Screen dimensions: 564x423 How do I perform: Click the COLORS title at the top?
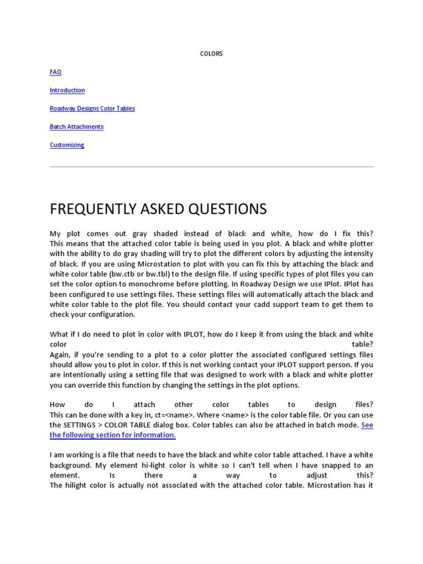(x=211, y=54)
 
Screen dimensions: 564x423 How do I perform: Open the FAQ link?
(x=56, y=72)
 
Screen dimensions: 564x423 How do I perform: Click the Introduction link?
(x=67, y=90)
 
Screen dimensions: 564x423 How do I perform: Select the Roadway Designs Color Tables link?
(x=92, y=109)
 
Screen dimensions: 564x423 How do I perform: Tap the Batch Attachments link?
(x=77, y=127)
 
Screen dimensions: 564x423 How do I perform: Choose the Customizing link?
(x=67, y=145)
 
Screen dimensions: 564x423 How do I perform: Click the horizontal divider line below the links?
(x=211, y=166)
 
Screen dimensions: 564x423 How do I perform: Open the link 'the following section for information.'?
(x=112, y=435)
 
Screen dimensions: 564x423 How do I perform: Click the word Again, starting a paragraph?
(x=61, y=355)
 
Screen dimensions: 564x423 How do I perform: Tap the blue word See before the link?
(x=367, y=425)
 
